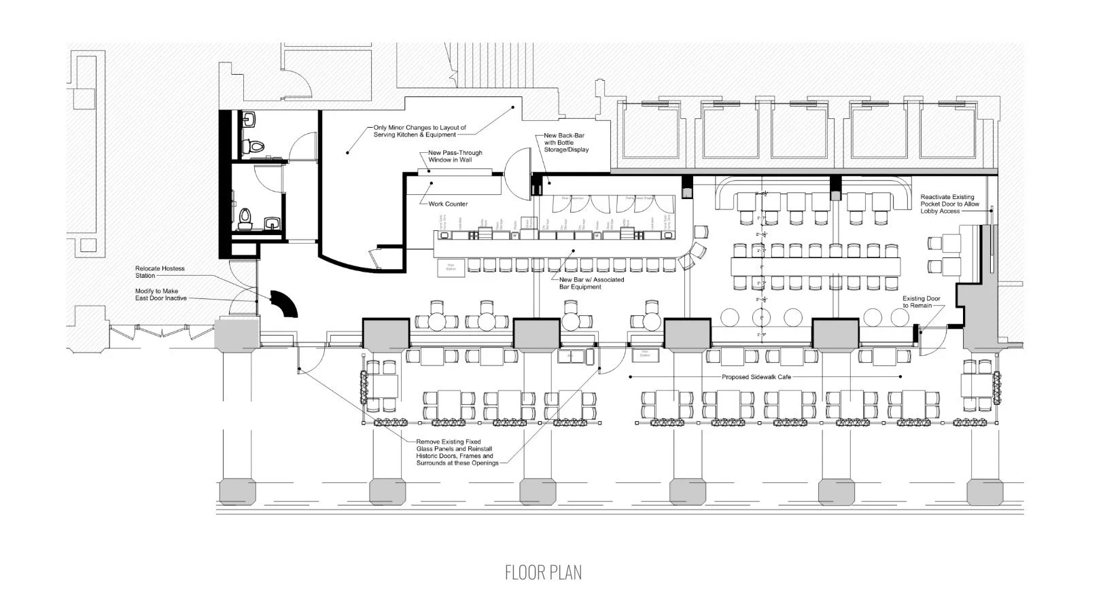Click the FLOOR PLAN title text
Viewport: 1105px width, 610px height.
[x=543, y=572]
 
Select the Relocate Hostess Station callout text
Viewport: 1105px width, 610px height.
[x=160, y=272]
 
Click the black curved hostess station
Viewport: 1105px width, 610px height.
[x=284, y=303]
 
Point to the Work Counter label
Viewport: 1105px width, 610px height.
[x=447, y=204]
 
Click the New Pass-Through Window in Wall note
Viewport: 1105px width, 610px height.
[x=455, y=156]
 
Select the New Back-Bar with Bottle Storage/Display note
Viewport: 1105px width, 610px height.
[x=565, y=143]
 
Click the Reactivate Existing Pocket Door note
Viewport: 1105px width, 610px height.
[x=949, y=204]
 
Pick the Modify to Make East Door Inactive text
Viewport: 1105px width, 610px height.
[x=160, y=295]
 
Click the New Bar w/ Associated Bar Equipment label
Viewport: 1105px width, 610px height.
[x=591, y=283]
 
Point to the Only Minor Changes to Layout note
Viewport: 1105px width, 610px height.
[x=419, y=131]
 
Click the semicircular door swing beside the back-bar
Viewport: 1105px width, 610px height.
[x=520, y=174]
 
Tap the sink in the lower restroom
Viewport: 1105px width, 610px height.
[x=273, y=223]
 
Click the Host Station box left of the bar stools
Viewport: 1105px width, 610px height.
[x=451, y=267]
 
